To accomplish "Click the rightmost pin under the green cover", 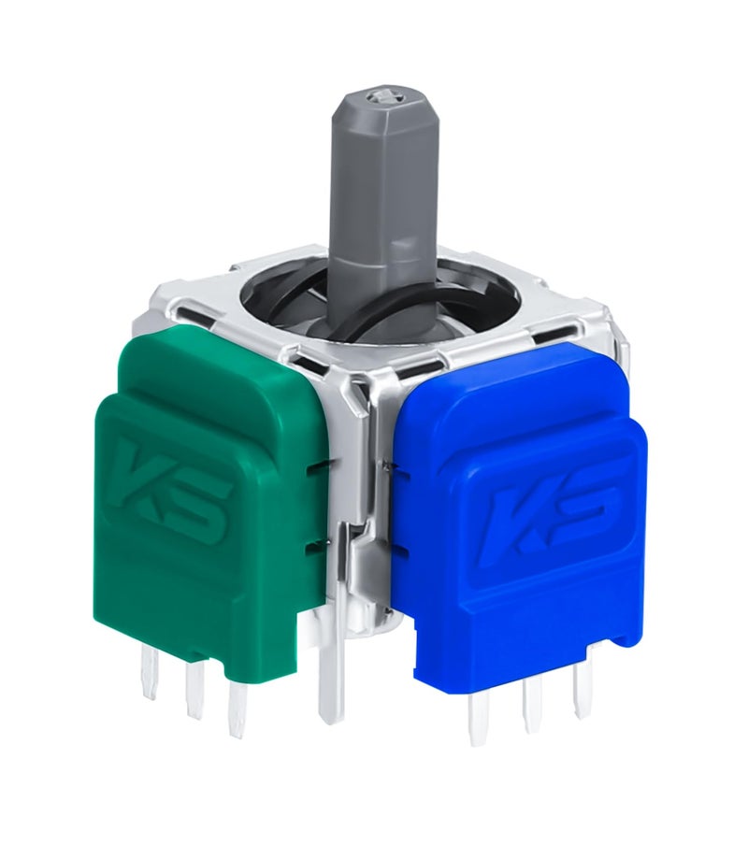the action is point(238,710).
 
